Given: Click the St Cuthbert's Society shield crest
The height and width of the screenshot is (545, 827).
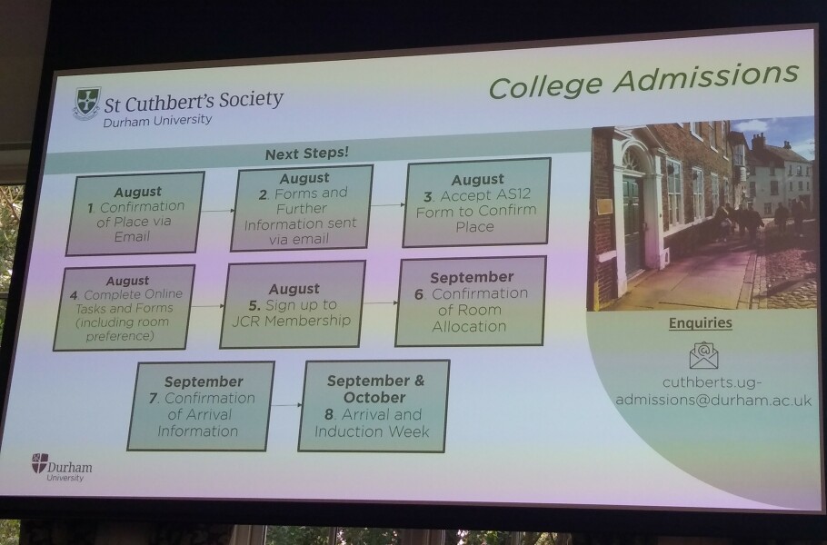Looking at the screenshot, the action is tap(86, 104).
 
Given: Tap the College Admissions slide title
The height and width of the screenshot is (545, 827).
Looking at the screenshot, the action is tap(643, 80).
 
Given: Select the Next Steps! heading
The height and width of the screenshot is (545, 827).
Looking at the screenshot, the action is tap(307, 154).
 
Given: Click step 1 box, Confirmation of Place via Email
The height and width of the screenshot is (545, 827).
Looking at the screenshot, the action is tap(135, 213).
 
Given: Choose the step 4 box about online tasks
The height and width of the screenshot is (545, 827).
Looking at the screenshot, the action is tap(124, 308).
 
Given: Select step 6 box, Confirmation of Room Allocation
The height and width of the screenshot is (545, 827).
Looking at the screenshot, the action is tap(471, 301).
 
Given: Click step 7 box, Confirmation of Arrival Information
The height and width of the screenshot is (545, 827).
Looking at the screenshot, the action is tap(201, 406).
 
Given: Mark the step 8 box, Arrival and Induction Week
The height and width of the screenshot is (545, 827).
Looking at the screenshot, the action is tap(374, 406).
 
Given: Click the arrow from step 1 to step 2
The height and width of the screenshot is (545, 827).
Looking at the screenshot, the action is tap(218, 211).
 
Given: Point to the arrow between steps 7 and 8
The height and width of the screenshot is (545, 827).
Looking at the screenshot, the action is tap(287, 405).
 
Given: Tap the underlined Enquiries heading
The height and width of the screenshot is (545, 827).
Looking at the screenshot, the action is tap(701, 322).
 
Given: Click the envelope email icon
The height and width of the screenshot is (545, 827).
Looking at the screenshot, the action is tap(703, 355).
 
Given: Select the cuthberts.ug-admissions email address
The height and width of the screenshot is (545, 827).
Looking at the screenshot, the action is tap(713, 391).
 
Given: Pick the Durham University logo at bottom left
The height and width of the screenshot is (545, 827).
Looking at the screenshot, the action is tap(61, 467).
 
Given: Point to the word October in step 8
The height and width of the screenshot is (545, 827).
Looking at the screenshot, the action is tap(374, 397).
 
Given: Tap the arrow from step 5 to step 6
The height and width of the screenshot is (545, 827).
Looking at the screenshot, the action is tap(381, 303).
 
